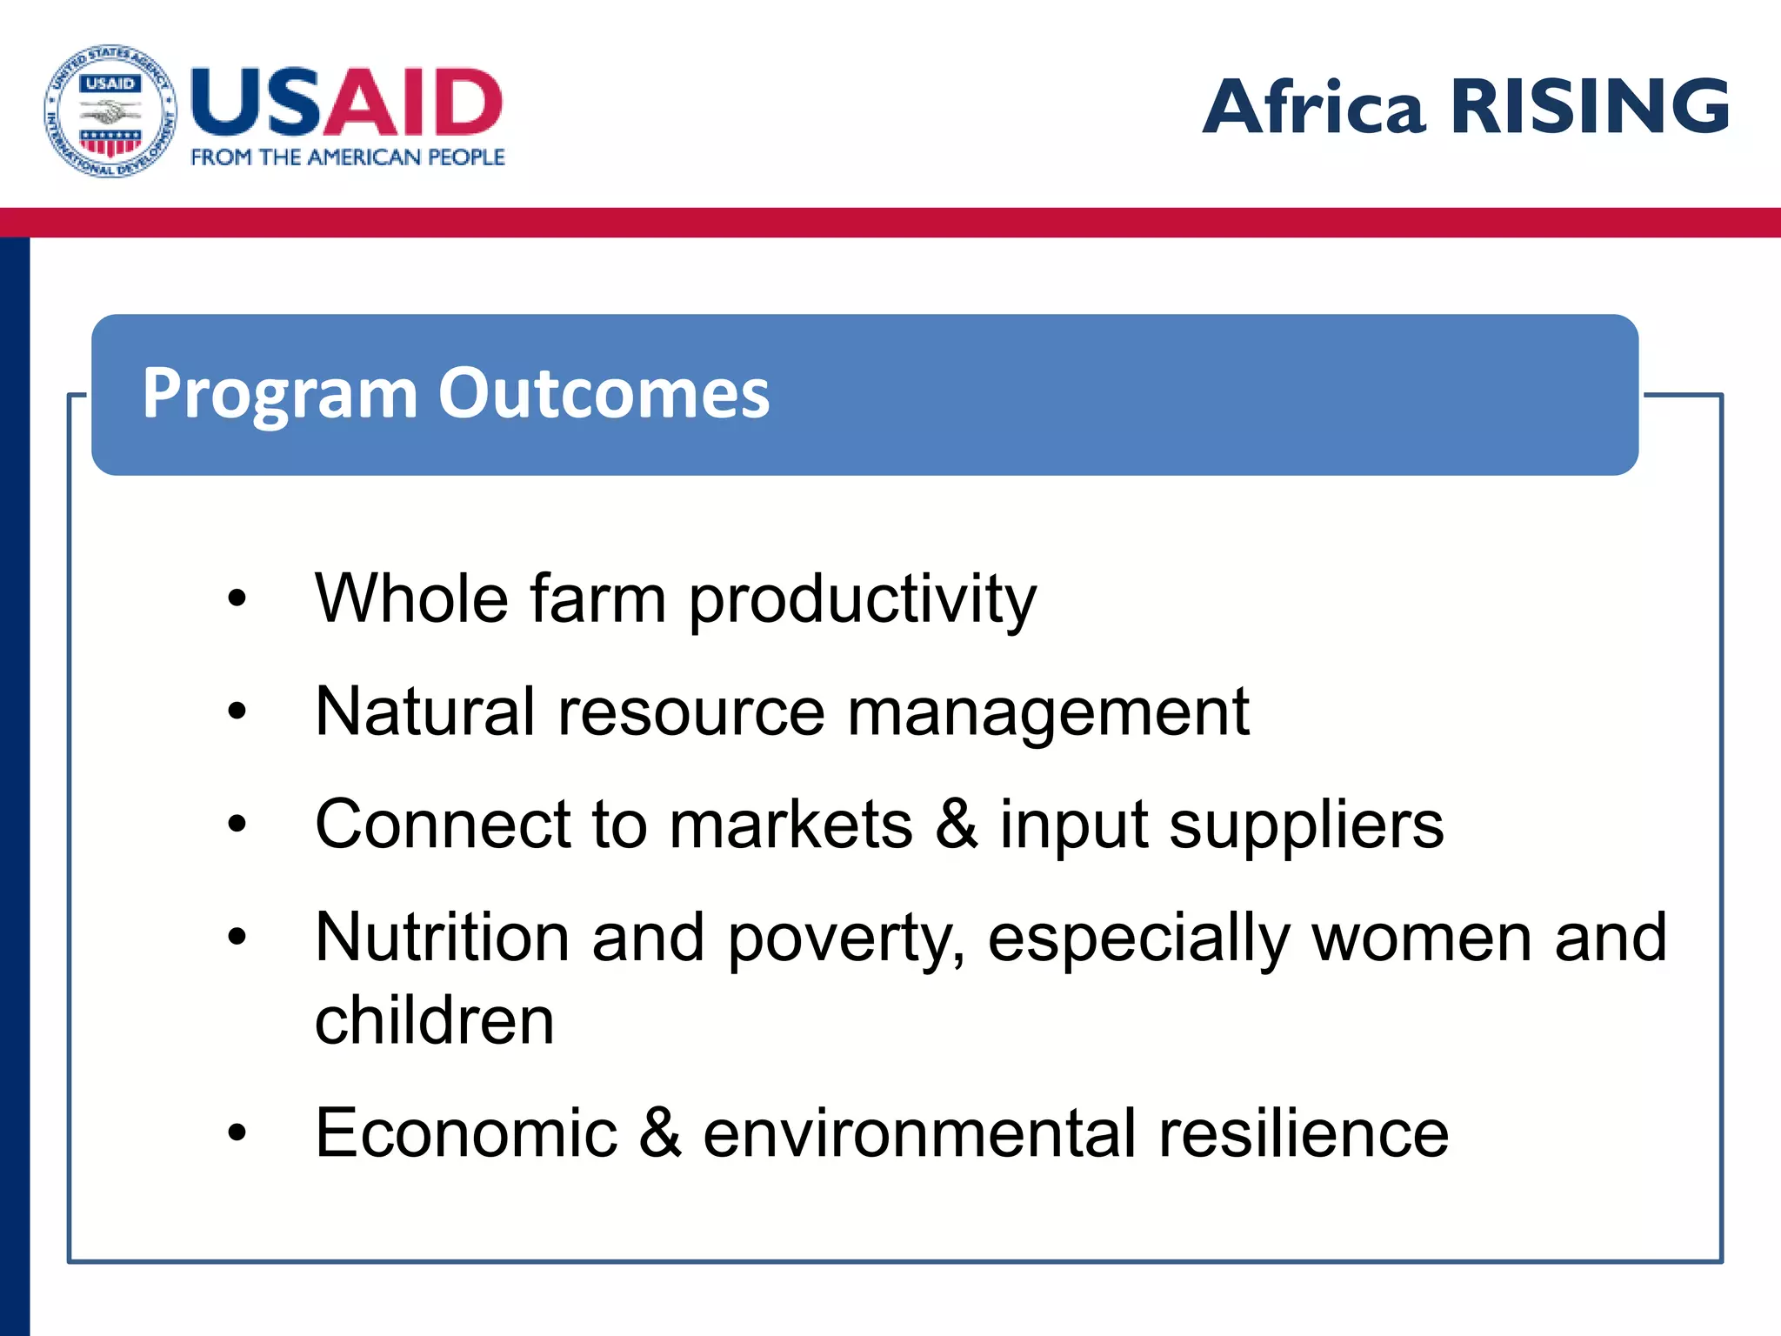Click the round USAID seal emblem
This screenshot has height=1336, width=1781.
(x=110, y=111)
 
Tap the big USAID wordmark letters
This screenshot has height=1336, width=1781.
(x=346, y=103)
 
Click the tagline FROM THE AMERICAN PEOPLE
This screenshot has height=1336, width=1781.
(x=348, y=157)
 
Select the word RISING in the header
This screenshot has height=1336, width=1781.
(x=1590, y=106)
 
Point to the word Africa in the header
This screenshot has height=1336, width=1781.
(x=1313, y=108)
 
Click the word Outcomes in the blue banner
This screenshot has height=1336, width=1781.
(x=604, y=393)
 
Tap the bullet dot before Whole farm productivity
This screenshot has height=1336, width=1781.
(x=237, y=599)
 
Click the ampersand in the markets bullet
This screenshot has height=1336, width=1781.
(x=957, y=825)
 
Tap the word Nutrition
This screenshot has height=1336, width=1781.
(x=442, y=938)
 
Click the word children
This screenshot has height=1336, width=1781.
(x=434, y=1020)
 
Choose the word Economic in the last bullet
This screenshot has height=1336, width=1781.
(x=466, y=1133)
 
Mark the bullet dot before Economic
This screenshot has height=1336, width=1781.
(x=237, y=1132)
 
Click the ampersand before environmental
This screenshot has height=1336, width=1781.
(x=661, y=1133)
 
